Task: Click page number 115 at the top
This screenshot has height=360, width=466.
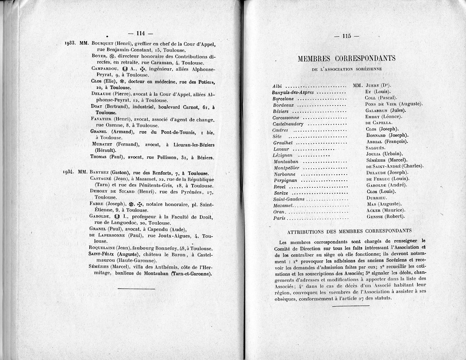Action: [x=346, y=36]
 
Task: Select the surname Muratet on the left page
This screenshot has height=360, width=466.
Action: [x=103, y=144]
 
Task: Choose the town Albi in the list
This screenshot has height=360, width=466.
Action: [x=277, y=86]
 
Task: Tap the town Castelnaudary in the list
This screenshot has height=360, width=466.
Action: [x=288, y=124]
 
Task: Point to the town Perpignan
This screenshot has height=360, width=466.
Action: [x=285, y=180]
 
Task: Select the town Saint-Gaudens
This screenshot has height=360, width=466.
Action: [x=289, y=199]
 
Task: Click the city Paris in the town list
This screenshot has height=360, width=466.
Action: [x=279, y=218]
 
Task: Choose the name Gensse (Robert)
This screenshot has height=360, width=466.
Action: [x=385, y=216]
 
